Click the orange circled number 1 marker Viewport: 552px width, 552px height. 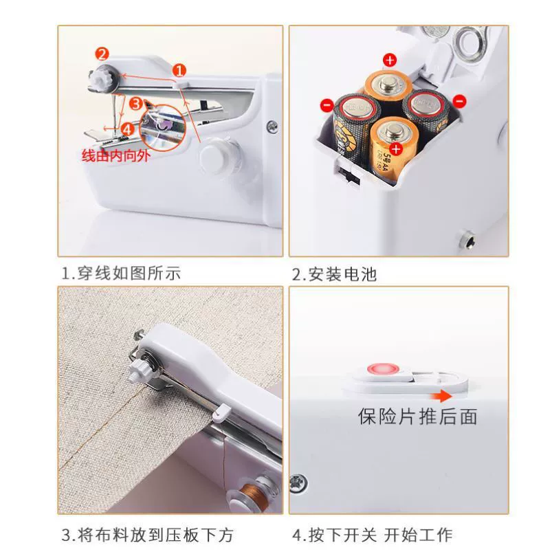coord(179,70)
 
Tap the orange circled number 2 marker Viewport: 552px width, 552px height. coord(102,54)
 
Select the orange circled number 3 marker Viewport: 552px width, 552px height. coord(136,104)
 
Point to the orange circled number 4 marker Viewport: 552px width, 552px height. coord(127,129)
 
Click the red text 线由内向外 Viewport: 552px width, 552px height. coord(115,155)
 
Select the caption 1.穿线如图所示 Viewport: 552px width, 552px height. coord(121,273)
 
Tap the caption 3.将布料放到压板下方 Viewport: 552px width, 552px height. coord(147,535)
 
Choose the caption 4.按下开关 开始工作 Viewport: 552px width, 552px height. coord(373,535)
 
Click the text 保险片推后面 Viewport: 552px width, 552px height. coord(418,417)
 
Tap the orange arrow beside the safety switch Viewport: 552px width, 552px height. coord(441,397)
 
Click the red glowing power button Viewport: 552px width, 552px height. coord(384,369)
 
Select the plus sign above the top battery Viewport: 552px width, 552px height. coord(390,60)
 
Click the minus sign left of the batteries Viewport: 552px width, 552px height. coord(327,105)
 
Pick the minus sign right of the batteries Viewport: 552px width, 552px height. coord(459,101)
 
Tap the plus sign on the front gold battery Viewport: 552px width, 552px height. coord(396,149)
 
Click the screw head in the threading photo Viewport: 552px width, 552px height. coord(272,126)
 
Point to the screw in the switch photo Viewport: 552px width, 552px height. coord(298,483)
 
